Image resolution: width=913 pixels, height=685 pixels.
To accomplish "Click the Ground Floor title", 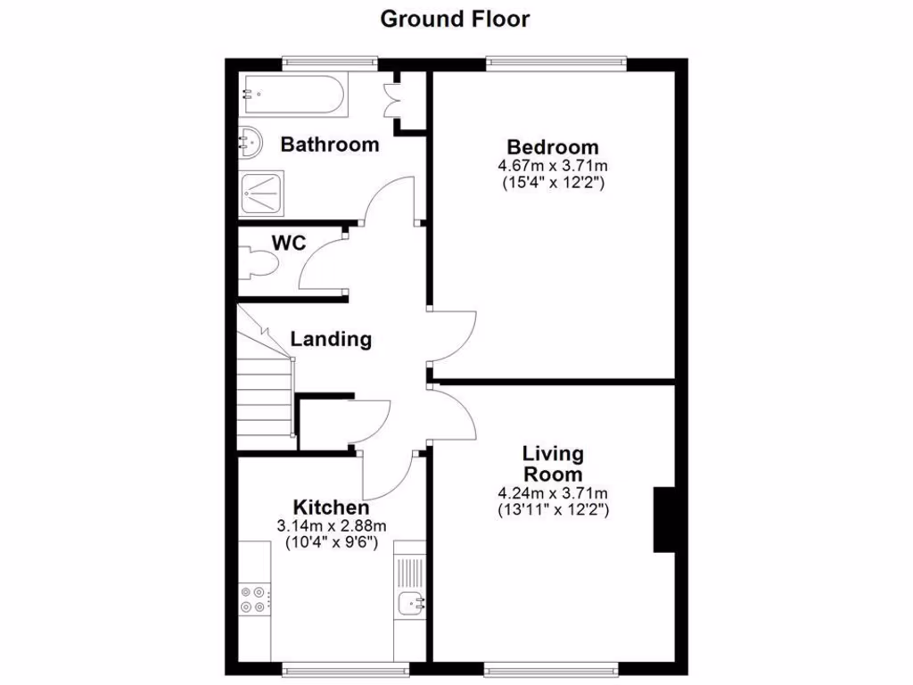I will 455,19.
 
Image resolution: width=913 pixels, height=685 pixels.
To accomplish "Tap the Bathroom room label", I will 329,144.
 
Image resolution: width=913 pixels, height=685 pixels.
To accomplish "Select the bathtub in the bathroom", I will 293,95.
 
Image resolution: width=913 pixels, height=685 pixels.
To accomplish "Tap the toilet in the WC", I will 259,266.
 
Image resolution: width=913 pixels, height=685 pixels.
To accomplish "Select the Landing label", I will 331,339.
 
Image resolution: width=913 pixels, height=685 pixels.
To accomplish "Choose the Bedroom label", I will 553,147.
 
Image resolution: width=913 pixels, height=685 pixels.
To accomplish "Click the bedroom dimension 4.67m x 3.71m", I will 553,166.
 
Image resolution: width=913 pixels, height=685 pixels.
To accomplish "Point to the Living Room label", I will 553,465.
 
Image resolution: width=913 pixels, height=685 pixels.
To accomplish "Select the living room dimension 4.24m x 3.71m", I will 553,493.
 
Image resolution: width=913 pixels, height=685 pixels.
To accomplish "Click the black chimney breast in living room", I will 664,520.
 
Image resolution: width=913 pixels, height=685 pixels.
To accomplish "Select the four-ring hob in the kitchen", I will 253,598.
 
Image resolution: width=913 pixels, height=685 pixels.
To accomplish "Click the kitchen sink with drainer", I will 411,588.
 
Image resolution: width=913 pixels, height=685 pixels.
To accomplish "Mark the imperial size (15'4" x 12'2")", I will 553,183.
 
